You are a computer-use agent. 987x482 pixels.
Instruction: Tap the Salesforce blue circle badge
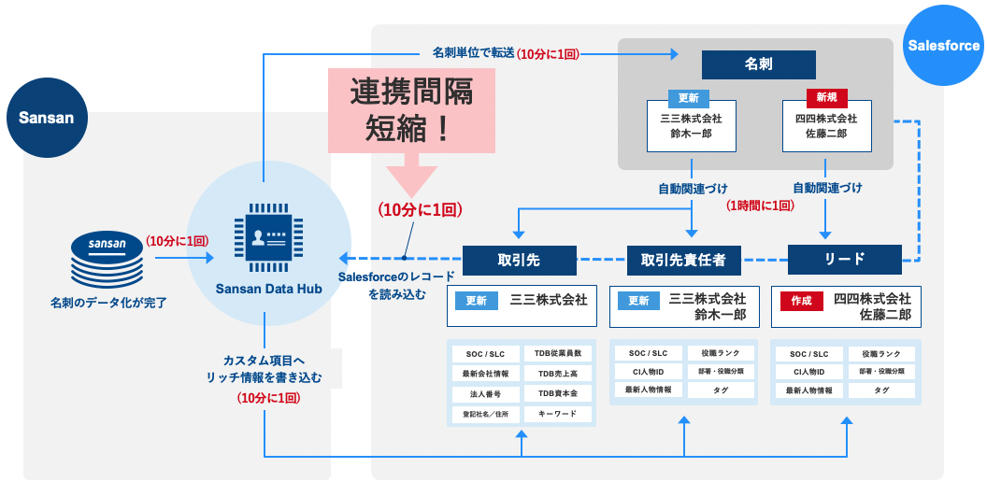point(943,45)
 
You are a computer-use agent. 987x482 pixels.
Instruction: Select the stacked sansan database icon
point(107,261)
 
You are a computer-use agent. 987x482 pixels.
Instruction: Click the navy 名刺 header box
point(758,64)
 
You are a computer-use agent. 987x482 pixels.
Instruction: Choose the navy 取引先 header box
point(514,260)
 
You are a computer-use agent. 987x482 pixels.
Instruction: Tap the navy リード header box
point(845,260)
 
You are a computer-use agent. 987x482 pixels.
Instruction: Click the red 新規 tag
point(826,96)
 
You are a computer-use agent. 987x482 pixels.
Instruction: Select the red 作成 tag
point(801,301)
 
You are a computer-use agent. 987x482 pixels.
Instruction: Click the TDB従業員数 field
point(558,353)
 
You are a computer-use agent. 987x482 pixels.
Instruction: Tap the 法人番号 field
point(485,393)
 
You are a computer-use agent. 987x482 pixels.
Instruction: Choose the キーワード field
point(558,413)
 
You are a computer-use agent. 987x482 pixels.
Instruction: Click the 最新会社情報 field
point(485,374)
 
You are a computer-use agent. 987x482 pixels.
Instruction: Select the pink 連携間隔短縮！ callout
point(411,109)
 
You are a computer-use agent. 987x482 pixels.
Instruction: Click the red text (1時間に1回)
point(760,205)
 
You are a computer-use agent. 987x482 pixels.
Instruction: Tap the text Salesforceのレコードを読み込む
point(397,285)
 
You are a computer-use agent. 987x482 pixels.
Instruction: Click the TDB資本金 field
point(558,393)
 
